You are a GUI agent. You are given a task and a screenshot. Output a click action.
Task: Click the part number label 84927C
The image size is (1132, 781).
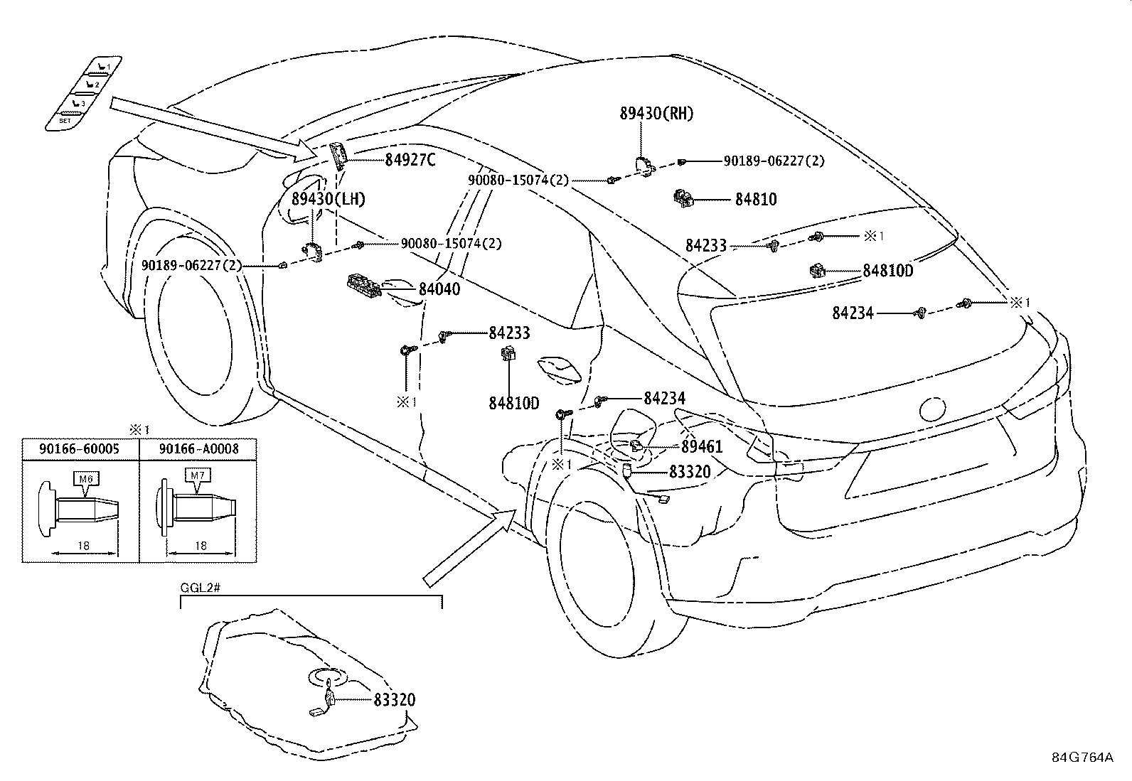410,161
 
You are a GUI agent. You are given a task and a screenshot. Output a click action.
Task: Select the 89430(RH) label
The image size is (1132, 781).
656,114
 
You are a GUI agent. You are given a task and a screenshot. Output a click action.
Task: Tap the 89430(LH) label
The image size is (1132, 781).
328,199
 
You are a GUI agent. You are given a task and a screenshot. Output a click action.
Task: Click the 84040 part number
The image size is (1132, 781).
439,289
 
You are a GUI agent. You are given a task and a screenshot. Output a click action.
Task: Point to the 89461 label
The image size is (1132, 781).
701,447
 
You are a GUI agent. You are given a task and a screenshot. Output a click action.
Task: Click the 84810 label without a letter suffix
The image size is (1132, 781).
755,200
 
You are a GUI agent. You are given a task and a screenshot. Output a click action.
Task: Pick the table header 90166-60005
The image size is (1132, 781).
80,449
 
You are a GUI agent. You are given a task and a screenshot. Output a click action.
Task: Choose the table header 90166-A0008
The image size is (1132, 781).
198,449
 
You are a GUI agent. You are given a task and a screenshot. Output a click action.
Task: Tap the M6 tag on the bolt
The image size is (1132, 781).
85,479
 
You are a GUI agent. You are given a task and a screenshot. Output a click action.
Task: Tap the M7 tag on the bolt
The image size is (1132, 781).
197,475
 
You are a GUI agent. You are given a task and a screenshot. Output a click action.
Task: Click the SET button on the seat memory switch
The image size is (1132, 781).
65,121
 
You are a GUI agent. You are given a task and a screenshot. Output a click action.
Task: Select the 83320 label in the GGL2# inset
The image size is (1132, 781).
393,700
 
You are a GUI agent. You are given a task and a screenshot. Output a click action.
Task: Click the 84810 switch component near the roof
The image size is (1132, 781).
683,198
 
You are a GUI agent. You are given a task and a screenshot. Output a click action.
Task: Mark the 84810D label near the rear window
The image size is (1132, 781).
887,271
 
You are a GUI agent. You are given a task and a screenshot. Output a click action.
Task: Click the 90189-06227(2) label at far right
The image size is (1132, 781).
774,161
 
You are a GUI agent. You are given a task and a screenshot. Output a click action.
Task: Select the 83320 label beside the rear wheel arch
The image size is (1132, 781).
689,471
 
